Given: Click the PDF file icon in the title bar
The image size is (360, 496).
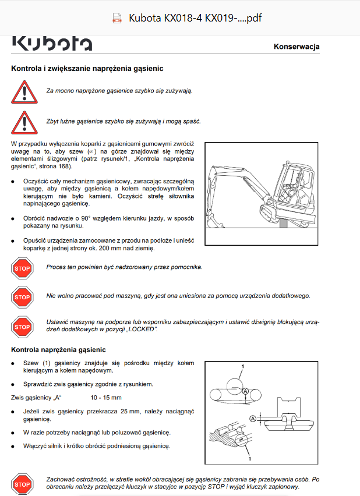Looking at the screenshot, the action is (117, 18).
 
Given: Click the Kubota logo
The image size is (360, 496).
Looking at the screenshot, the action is (52, 44).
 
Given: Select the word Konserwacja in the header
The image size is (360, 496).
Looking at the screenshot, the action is (297, 47).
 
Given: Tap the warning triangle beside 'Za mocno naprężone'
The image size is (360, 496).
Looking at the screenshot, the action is (24, 92).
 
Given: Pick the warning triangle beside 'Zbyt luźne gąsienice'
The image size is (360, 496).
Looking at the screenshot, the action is (24, 122).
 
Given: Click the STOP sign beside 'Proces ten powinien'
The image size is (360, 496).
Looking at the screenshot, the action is (22, 268).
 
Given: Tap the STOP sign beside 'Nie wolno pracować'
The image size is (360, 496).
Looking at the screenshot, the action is (22, 297).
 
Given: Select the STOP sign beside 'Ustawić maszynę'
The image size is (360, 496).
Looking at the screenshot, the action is (22, 327).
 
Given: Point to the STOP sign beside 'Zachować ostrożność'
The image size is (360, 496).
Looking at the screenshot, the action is (22, 484).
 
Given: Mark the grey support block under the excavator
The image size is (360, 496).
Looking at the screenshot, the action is (284, 224).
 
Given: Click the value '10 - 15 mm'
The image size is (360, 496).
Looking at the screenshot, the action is (106, 398).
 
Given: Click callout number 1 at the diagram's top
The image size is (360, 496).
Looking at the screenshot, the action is (243, 366).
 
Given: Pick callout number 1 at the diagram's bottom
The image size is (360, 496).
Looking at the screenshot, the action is (250, 459).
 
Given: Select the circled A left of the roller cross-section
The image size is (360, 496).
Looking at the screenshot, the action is (253, 419).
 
